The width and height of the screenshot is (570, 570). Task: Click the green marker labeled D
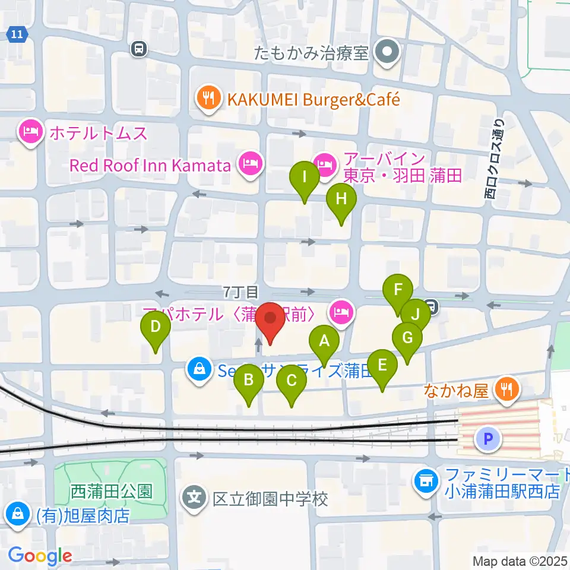pos(155,328)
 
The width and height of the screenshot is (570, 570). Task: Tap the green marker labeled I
pos(304,178)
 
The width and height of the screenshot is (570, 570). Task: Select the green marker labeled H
pos(341,199)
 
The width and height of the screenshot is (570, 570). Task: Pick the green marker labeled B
pos(249,381)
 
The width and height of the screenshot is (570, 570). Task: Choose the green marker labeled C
pos(292,381)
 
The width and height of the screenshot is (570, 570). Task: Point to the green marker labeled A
pos(324,342)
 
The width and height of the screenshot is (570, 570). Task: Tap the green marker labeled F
pos(398,291)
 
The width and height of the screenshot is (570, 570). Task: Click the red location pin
pos(270,320)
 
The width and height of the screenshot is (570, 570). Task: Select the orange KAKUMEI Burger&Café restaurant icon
pos(208,99)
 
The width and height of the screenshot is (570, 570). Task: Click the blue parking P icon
pos(487,439)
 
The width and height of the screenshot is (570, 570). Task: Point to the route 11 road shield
pos(18,35)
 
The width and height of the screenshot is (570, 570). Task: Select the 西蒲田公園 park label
pos(112,491)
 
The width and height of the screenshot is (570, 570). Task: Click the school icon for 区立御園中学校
pos(195,498)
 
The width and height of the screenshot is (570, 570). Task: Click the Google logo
pos(40,556)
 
